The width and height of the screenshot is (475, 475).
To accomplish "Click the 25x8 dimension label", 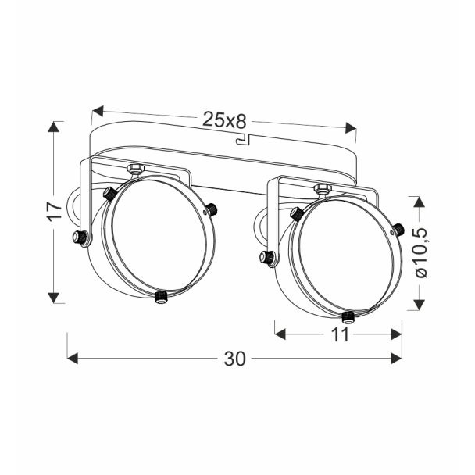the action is (224, 120).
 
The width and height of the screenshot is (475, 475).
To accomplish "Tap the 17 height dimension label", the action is (55, 212).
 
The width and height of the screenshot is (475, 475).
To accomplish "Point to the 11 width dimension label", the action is (340, 334).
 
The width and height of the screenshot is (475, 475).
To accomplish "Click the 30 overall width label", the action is (235, 359).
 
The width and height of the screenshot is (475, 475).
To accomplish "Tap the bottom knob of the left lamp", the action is (161, 297).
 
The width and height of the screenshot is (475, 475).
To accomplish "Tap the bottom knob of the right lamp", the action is (348, 317).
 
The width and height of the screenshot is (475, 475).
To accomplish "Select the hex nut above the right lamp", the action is (323, 187).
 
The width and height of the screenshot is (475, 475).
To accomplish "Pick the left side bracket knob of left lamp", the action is (80, 237).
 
